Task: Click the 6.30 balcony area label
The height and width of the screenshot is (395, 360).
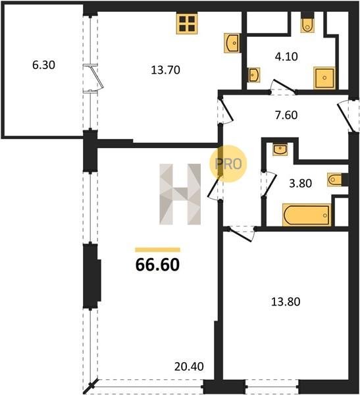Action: pos(43,65)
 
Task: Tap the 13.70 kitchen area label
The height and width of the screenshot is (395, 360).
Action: pos(165,70)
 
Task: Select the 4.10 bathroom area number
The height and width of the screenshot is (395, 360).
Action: pos(286,57)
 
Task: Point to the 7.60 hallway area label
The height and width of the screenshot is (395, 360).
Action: pos(286,115)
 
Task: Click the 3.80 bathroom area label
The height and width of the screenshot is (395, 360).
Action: pos(301,184)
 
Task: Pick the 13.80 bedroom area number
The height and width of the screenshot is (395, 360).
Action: pos(286,302)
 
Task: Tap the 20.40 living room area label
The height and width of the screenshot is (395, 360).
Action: pos(189,367)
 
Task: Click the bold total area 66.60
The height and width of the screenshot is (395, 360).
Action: pos(157,265)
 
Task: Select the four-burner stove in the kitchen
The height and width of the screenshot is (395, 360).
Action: pos(187,24)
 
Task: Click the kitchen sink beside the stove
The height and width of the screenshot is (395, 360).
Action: pos(232,43)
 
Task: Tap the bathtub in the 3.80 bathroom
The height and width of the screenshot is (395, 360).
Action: pos(307,215)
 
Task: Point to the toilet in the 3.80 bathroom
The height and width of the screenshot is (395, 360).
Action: pos(335,180)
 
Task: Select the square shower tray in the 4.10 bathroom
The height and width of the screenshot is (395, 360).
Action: pos(324,78)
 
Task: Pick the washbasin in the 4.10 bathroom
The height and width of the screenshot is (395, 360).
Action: pos(254,75)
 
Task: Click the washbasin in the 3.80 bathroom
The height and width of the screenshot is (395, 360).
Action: pos(280,149)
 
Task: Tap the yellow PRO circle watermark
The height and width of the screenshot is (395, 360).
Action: pos(228,164)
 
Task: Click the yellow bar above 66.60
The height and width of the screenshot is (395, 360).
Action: pos(157,250)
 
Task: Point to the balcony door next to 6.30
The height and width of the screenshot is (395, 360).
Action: pos(95,79)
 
